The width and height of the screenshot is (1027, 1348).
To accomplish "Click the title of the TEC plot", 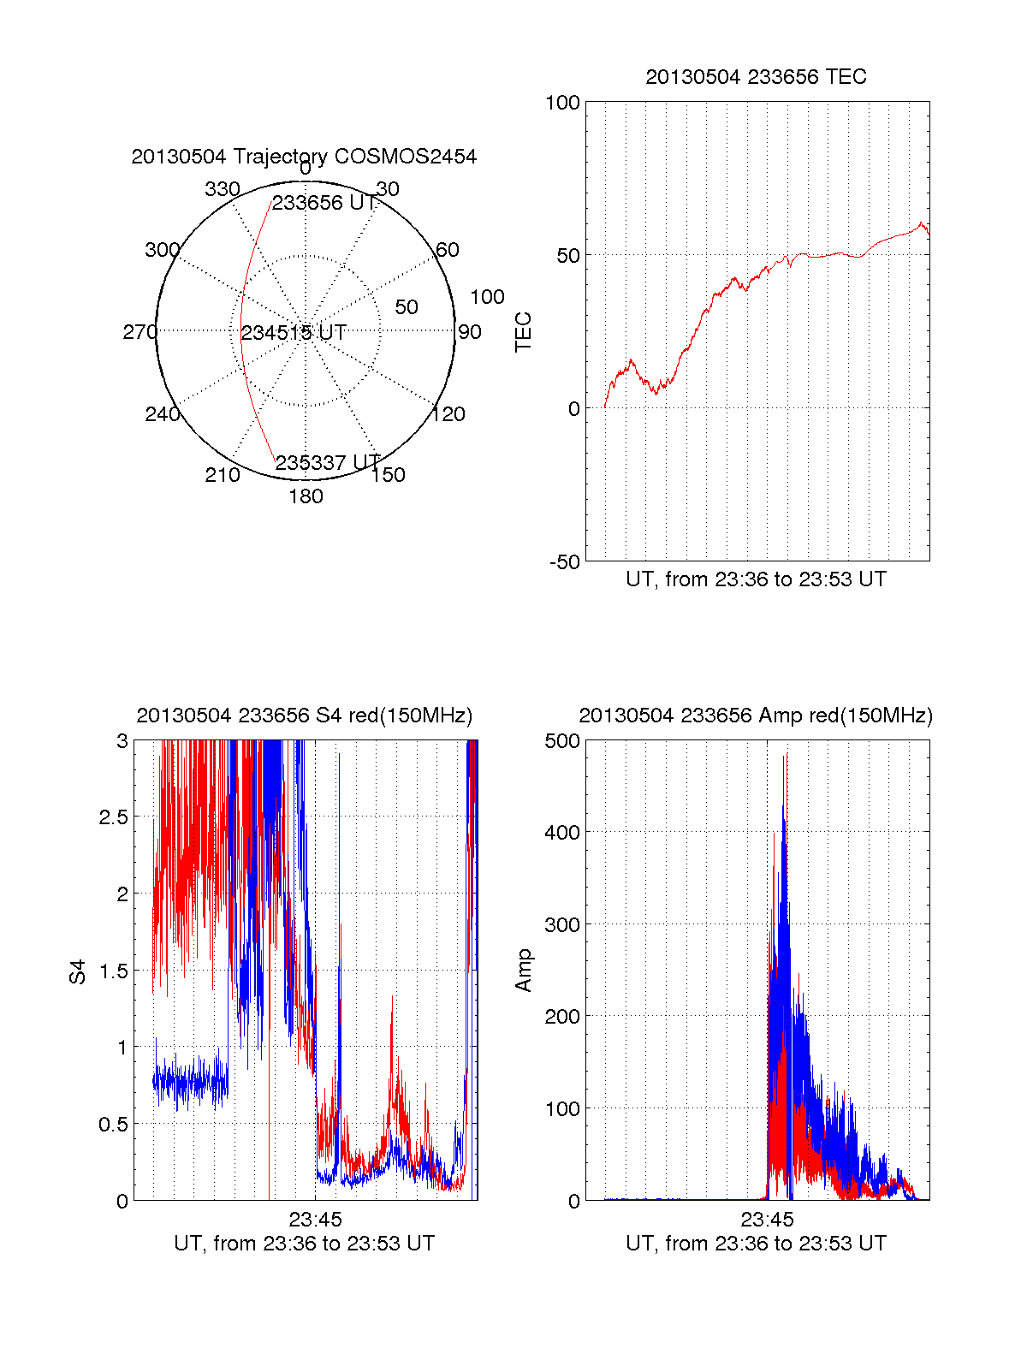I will point(756,77).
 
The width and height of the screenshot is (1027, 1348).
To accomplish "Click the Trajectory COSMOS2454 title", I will point(304,157).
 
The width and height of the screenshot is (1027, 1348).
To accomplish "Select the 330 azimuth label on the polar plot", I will point(222,189).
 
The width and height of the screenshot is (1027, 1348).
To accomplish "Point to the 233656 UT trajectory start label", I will point(324,203).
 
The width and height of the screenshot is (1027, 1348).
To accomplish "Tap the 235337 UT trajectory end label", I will point(328,463).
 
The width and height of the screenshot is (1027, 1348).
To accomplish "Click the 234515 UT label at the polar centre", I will point(294,333).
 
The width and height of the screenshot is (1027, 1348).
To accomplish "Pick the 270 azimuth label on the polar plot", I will point(140,332).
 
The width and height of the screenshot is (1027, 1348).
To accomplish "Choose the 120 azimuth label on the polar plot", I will point(448,414).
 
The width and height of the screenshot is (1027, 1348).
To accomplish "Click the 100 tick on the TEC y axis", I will point(562,103).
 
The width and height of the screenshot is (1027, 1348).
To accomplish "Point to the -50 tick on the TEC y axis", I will point(565,562).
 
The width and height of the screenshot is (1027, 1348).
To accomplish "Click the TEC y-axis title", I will point(523,332).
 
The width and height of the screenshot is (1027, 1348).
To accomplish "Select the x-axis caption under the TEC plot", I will point(756,579).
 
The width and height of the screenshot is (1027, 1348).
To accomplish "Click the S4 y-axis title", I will point(78,971).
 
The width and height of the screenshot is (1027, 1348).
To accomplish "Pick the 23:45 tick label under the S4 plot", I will point(315,1220).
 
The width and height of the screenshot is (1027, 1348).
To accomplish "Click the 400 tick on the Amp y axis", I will point(562,832).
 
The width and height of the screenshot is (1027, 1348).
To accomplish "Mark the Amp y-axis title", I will point(523,971).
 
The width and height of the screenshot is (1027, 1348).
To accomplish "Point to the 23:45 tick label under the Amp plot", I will point(767,1220).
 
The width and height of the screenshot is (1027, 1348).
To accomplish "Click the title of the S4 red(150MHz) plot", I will point(304,716).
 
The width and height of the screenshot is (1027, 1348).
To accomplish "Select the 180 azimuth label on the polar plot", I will point(306,496).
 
